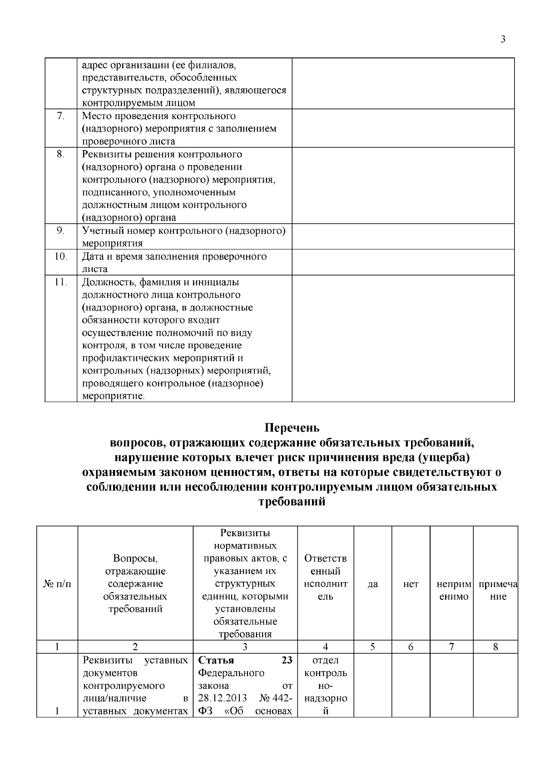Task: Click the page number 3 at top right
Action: tap(503, 40)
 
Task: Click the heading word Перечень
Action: tap(292, 428)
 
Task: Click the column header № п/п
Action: tap(57, 584)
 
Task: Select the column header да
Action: tap(372, 584)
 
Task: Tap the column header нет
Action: tap(411, 584)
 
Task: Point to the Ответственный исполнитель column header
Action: tap(326, 577)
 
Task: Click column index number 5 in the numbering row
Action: tap(372, 647)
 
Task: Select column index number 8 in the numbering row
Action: tap(495, 647)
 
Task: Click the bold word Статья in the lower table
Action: tap(213, 660)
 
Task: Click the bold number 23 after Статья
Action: tap(287, 660)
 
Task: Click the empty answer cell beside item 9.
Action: tap(403, 237)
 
